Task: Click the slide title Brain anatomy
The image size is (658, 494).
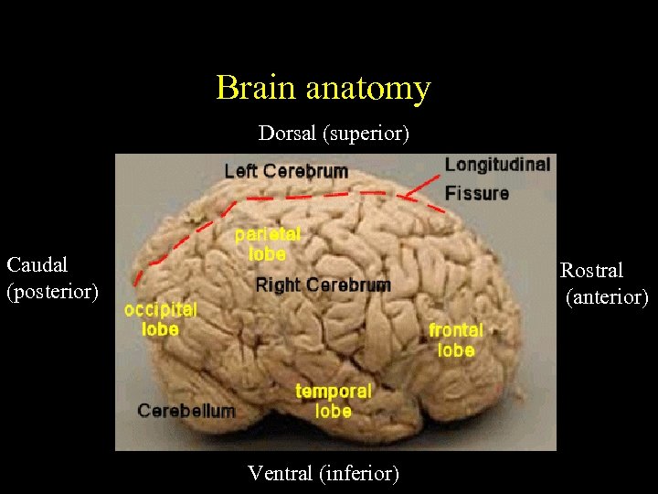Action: point(323,88)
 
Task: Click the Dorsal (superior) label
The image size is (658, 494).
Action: point(334,134)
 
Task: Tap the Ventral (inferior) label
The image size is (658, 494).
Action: point(324,473)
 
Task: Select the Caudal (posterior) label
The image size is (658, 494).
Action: point(52,278)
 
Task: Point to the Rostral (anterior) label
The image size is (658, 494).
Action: point(604,284)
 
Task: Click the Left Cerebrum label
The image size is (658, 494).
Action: point(286,171)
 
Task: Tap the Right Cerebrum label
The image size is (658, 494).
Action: point(323,285)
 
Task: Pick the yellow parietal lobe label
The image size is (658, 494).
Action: point(267,243)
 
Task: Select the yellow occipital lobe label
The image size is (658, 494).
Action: point(161,318)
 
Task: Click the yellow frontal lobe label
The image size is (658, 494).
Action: point(456,339)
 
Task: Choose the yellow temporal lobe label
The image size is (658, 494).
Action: point(333,401)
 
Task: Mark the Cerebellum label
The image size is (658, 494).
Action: point(186,411)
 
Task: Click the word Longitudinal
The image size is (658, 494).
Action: point(497,165)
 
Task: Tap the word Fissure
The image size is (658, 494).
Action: point(477,193)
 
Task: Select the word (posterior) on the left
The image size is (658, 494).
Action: point(52,292)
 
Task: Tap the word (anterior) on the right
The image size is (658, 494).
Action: point(607,297)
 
